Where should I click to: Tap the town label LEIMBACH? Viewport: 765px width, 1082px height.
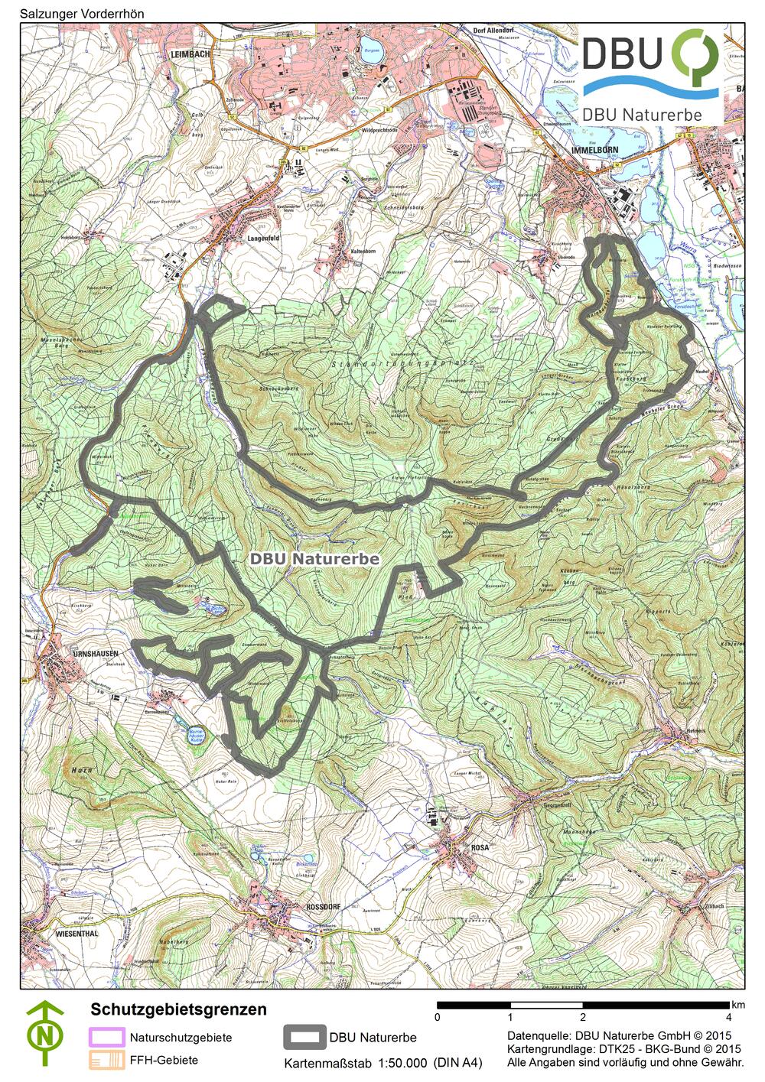(191, 54)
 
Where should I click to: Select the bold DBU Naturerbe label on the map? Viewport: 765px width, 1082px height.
(314, 559)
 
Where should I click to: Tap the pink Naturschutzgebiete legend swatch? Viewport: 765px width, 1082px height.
(106, 1037)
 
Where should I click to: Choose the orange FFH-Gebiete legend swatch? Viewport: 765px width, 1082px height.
(106, 1060)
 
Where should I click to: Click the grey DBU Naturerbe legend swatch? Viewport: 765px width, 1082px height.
(304, 1037)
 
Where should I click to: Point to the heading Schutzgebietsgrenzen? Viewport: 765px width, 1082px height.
(178, 1009)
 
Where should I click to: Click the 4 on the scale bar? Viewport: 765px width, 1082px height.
(728, 1017)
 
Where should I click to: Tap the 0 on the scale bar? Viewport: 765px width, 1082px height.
(437, 1017)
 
